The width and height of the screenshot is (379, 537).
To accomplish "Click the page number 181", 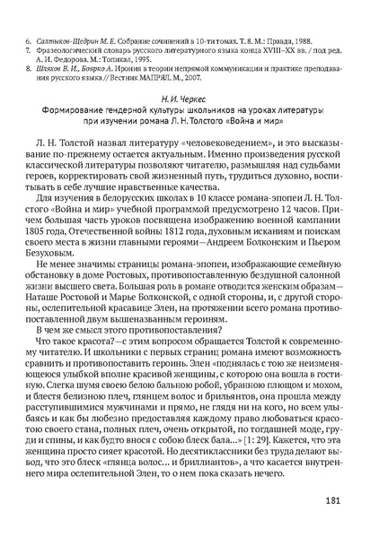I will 334,500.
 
